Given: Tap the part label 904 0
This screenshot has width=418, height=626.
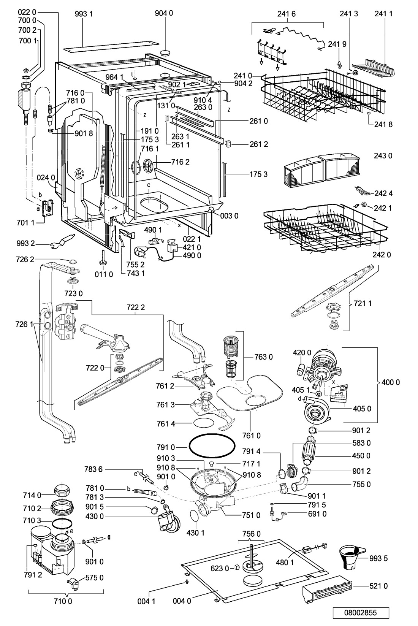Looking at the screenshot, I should pos(164,14).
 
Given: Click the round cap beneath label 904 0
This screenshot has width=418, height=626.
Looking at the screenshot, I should pos(166,52).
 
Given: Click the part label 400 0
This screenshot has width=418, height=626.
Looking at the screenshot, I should pos(391,382).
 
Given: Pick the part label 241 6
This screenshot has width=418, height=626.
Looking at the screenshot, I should pos(287,14).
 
